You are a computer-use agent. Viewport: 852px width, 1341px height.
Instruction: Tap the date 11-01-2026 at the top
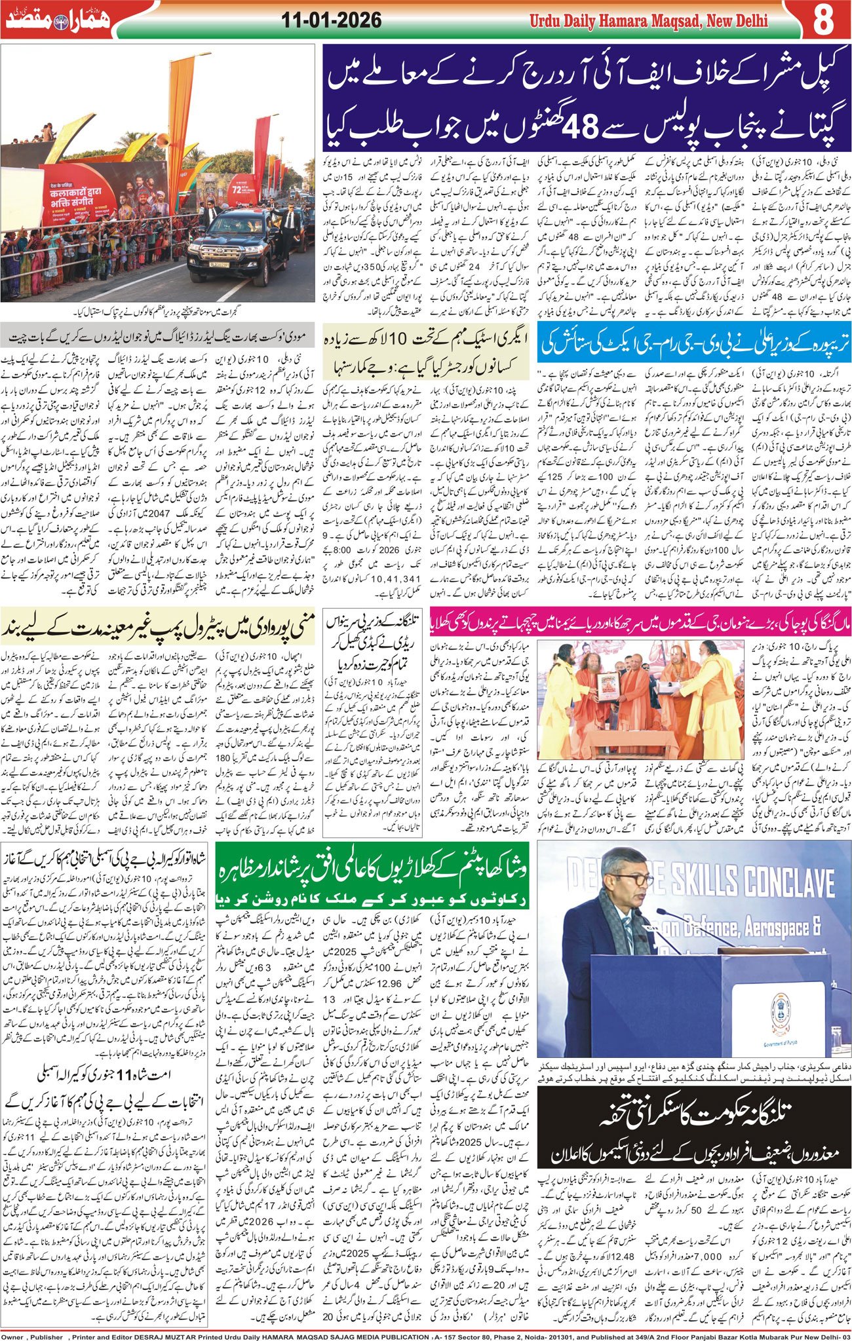(332, 20)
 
